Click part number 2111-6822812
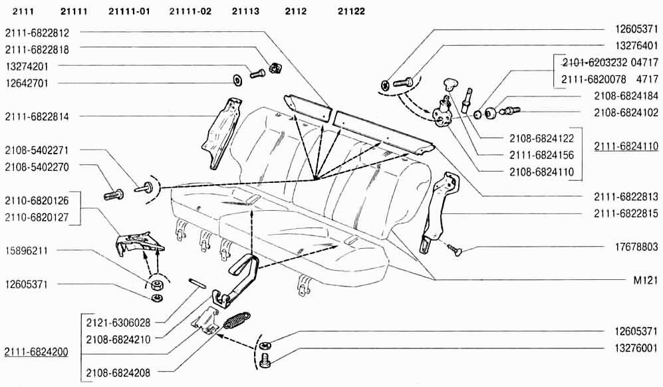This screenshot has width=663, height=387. tap(37, 33)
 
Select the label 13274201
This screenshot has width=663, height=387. tap(27, 66)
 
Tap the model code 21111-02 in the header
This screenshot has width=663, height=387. tap(190, 11)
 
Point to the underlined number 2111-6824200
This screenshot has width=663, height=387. tap(36, 352)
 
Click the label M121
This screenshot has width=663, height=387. tap(646, 280)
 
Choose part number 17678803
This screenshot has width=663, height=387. tap(636, 247)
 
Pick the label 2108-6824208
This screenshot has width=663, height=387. tap(118, 373)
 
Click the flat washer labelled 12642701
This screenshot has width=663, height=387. tap(237, 80)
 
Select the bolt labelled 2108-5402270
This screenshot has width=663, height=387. tap(114, 195)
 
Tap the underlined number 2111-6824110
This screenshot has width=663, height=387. tap(626, 146)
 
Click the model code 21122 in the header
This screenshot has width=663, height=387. tap(351, 11)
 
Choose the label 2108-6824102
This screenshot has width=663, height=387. tap(626, 112)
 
